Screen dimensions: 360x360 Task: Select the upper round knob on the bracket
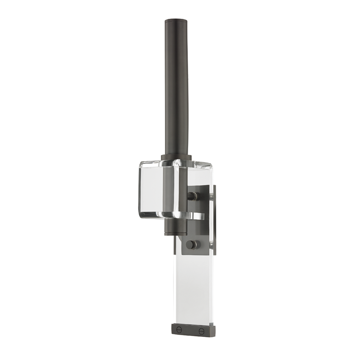point(193,196)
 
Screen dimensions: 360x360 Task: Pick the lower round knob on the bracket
point(193,245)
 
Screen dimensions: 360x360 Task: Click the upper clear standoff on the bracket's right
point(210,196)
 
